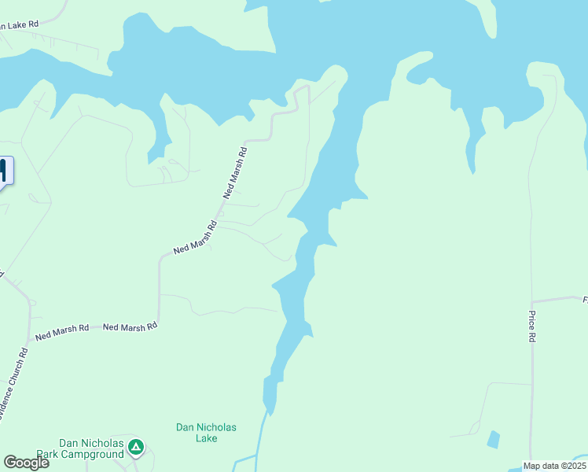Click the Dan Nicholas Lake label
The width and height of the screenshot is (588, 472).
coord(206,433)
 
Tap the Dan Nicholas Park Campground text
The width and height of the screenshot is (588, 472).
coord(92,448)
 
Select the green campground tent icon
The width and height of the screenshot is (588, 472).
coord(136,448)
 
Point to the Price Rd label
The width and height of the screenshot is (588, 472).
coord(532,326)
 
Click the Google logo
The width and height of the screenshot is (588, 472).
coord(26,463)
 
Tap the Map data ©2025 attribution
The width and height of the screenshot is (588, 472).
coord(554,466)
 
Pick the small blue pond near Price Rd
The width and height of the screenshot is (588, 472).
coord(493,439)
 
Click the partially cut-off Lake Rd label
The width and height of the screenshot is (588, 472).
coord(19,25)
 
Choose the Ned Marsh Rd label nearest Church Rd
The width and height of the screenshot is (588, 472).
coord(61,332)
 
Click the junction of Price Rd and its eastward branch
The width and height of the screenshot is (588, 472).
coord(532,301)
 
